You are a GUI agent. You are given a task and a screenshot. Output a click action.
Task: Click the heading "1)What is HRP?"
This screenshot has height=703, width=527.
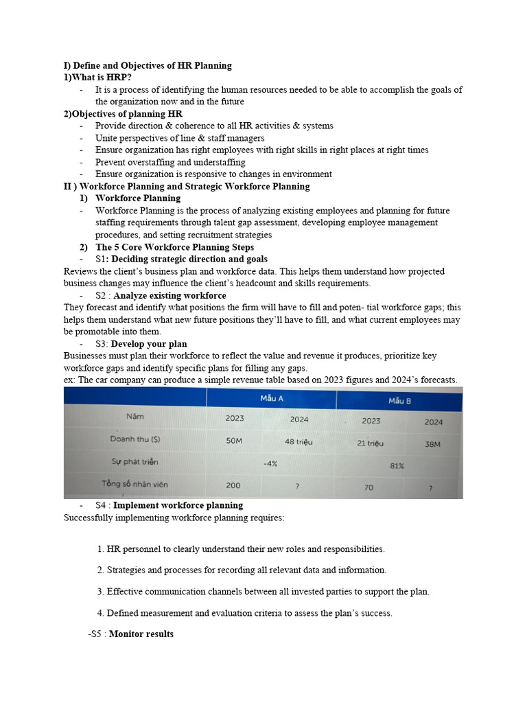click(x=97, y=78)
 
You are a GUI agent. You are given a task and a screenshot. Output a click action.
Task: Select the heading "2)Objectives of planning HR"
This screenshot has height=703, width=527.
click(x=123, y=114)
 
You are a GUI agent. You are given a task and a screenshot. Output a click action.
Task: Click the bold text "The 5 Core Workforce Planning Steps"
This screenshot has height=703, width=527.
click(x=174, y=247)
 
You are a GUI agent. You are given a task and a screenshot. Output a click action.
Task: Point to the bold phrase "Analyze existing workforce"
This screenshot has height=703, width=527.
click(x=169, y=296)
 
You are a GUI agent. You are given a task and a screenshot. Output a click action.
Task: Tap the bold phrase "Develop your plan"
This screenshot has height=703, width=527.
click(x=149, y=344)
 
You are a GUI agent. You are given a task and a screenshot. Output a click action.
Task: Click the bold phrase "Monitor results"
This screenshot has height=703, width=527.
click(x=141, y=634)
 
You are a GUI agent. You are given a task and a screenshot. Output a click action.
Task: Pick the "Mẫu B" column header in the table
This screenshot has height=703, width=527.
click(x=399, y=400)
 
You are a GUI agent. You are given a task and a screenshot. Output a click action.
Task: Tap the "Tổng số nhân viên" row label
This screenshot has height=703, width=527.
click(x=134, y=483)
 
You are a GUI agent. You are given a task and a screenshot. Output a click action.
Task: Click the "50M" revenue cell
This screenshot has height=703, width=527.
click(x=233, y=441)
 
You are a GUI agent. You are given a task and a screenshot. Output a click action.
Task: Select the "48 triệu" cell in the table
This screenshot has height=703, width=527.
click(x=298, y=441)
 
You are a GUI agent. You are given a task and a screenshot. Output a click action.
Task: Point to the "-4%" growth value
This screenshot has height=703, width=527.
click(x=270, y=463)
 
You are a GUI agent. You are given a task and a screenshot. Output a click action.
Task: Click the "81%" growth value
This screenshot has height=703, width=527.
click(x=397, y=465)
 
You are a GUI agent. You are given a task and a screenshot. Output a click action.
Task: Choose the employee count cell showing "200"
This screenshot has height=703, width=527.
click(x=233, y=485)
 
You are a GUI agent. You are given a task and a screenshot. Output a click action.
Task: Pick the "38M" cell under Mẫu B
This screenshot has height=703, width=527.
click(x=432, y=444)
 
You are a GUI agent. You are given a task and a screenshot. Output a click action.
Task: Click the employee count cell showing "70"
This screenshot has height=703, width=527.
click(x=368, y=487)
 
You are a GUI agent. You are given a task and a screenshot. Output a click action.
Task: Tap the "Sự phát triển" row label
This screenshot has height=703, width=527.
click(x=134, y=461)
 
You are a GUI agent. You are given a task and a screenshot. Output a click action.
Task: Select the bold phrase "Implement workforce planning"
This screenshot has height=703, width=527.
click(x=178, y=505)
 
